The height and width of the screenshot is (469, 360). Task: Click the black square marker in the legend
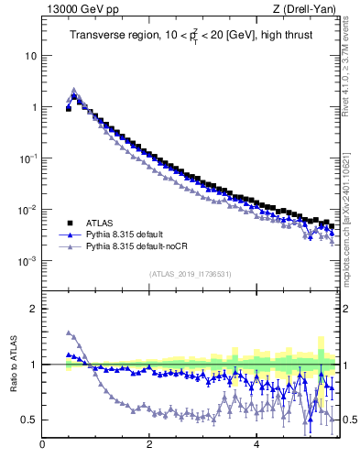point(69,223)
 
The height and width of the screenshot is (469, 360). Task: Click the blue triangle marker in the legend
point(69,234)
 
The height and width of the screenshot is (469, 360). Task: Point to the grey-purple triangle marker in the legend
point(69,247)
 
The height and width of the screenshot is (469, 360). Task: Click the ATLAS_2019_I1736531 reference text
point(191,274)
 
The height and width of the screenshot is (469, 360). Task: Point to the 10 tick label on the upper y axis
point(30,55)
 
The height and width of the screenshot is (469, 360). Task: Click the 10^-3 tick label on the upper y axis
point(27,261)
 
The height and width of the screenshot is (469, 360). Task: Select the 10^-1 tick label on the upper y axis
point(27,158)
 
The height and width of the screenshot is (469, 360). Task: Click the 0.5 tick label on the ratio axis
point(28,420)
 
